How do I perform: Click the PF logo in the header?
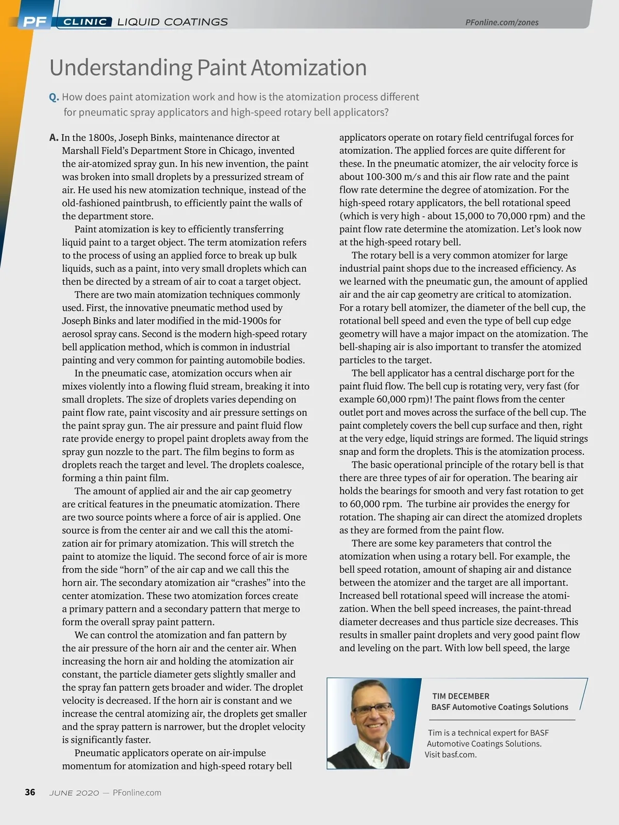(x=35, y=22)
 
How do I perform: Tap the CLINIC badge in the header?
(x=85, y=22)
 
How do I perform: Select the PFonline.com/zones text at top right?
(x=501, y=22)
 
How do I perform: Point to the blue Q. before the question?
(x=54, y=97)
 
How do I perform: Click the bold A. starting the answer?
(x=54, y=138)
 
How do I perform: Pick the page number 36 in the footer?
(x=30, y=792)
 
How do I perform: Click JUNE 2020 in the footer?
(x=74, y=793)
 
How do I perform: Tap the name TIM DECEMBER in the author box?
(x=461, y=696)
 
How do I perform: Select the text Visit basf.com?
(x=450, y=754)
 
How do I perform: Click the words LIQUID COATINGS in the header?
(x=172, y=22)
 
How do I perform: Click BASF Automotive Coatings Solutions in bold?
(x=499, y=707)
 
